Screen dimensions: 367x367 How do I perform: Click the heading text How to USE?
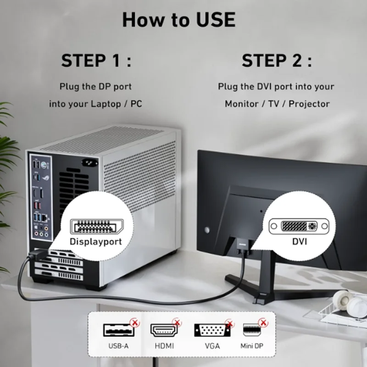[x=178, y=20]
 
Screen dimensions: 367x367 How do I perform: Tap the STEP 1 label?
[x=96, y=61]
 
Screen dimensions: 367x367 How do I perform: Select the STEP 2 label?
[x=277, y=61]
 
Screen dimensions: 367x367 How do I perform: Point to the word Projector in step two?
[x=309, y=104]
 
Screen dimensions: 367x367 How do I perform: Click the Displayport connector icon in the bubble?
[x=96, y=226]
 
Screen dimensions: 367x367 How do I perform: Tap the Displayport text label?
[x=96, y=241]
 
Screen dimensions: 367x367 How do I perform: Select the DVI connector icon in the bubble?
[x=299, y=226]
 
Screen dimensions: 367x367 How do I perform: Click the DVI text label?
[x=299, y=241]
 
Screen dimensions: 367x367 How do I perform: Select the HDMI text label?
[x=163, y=347]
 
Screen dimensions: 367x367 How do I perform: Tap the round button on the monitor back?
[x=207, y=229]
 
